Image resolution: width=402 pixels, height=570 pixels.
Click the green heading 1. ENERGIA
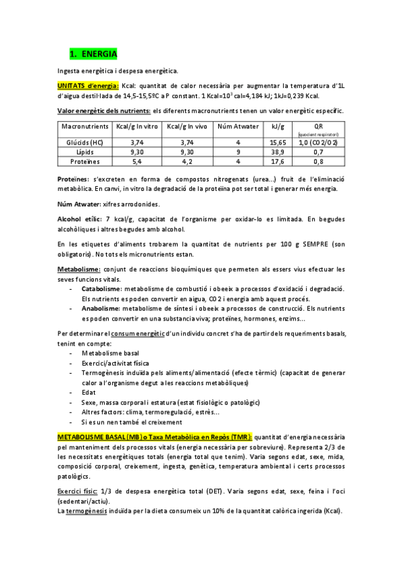tap(93, 53)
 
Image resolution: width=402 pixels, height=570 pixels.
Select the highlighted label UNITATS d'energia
tap(88, 85)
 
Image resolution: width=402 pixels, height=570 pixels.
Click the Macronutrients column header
tap(85, 126)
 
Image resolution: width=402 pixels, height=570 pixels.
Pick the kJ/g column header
tap(278, 126)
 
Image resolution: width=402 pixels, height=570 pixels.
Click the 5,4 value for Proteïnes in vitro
tap(137, 161)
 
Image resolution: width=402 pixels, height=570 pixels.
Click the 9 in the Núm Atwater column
tap(238, 152)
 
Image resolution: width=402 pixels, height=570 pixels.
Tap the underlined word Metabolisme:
tap(79, 269)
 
